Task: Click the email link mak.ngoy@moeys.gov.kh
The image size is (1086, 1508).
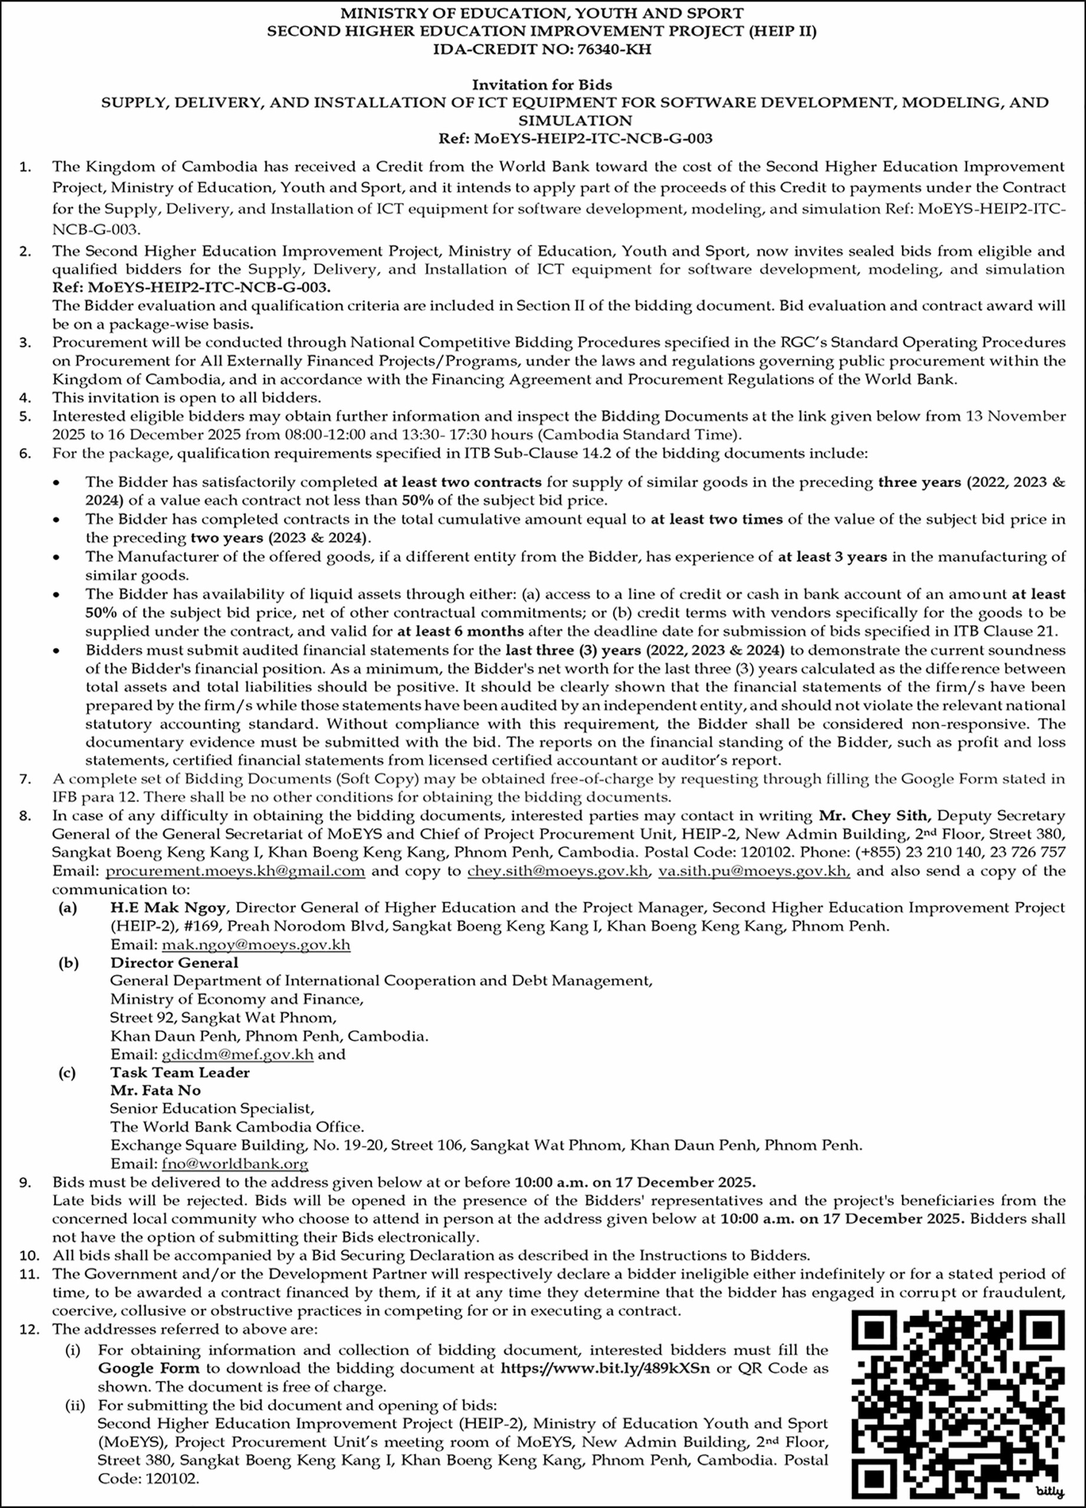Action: (x=256, y=945)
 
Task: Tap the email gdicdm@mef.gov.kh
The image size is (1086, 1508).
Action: (x=237, y=1054)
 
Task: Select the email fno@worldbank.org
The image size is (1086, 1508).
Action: (x=235, y=1164)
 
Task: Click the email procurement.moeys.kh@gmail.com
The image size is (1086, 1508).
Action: (x=236, y=871)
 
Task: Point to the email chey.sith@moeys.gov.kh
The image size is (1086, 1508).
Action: (x=557, y=871)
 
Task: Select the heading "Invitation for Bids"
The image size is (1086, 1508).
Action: (x=542, y=84)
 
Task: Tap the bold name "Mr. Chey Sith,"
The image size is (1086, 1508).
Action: (x=874, y=815)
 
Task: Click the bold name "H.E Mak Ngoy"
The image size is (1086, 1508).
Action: (x=170, y=908)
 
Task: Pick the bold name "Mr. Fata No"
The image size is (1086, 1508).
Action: (x=156, y=1090)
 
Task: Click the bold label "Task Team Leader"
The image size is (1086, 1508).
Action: (x=180, y=1073)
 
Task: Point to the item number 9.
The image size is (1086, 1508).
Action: (x=25, y=1183)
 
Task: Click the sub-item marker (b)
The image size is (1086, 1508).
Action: (x=68, y=963)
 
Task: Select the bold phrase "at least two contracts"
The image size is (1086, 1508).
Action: (x=462, y=482)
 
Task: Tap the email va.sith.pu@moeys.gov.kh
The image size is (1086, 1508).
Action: (x=754, y=871)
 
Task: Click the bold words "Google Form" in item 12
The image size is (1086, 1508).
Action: (x=148, y=1368)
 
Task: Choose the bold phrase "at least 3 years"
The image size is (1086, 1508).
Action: (x=832, y=557)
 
